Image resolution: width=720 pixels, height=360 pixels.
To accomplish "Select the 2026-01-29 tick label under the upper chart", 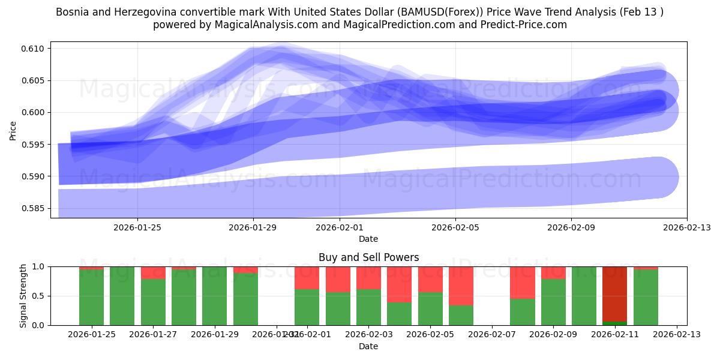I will tap(253, 227).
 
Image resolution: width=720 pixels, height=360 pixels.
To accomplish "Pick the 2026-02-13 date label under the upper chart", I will tap(686, 227).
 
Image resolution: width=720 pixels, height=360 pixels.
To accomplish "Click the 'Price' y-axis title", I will tap(13, 130).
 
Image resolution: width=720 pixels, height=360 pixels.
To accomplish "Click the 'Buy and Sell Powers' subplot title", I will tap(368, 257).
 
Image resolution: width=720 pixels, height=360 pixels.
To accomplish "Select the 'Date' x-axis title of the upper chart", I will tap(368, 239).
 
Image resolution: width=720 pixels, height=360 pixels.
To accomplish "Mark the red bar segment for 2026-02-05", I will tap(430, 279).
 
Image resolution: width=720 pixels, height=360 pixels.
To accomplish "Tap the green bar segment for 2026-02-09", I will tap(553, 302).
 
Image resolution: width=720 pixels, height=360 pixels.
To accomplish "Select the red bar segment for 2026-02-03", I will tap(399, 284).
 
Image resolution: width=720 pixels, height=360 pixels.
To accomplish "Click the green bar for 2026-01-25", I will tap(91, 297).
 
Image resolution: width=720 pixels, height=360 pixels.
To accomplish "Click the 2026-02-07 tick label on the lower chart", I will tap(491, 335).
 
